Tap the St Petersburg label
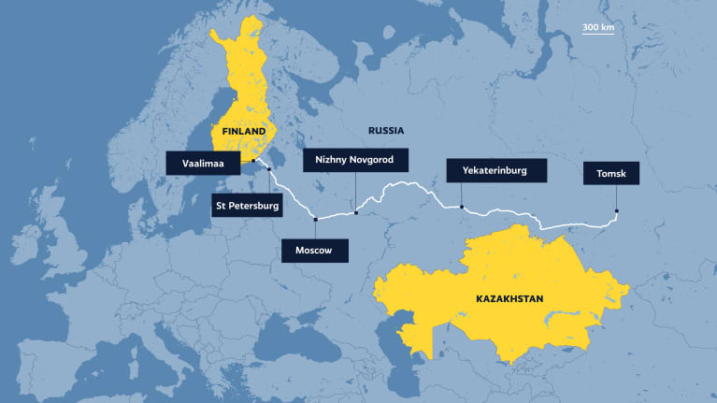coord(246,206)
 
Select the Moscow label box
coord(314,251)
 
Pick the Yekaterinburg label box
coord(495,171)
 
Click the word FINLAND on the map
coord(244,132)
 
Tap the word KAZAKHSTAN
coord(502,299)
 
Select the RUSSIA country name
coord(385,131)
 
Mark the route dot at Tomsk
coord(617,210)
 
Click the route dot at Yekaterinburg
coord(462,207)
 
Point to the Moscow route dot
coord(316,220)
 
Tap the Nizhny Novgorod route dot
coord(356,213)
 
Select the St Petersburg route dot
coord(269,170)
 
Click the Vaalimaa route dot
coord(253,161)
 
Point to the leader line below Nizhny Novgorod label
coord(356,192)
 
